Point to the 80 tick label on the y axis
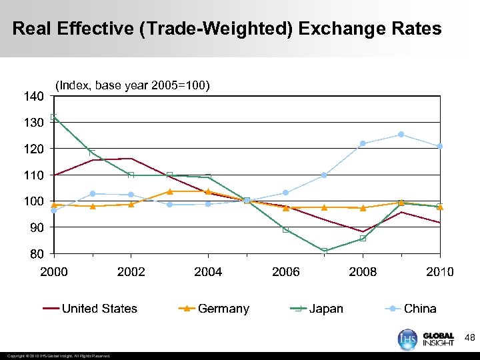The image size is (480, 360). click(37, 254)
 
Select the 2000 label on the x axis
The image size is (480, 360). click(53, 272)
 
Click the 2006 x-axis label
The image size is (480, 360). click(285, 272)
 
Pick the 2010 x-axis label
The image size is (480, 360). click(440, 272)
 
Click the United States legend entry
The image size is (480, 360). click(99, 309)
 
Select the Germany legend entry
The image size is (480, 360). click(223, 309)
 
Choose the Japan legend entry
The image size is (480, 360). click(326, 309)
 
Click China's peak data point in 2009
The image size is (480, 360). click(401, 135)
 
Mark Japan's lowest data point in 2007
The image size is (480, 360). click(324, 251)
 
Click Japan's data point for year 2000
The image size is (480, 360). click(54, 117)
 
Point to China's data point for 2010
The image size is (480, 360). click(440, 146)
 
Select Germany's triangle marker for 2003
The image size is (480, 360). click(169, 191)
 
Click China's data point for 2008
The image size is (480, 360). click(363, 143)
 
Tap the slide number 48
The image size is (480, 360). click(469, 338)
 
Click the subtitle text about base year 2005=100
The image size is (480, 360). click(133, 85)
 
